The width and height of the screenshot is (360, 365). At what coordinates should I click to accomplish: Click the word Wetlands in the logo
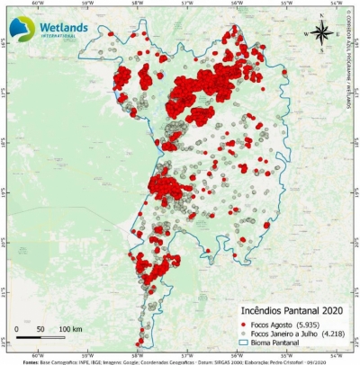(64, 28)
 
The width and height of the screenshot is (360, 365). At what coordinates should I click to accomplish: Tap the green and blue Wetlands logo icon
(22, 28)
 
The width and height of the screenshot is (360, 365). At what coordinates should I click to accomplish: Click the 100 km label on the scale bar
(71, 331)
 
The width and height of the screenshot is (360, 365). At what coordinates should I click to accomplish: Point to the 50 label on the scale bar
(42, 331)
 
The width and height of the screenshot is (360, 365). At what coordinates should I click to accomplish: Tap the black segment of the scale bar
(29, 340)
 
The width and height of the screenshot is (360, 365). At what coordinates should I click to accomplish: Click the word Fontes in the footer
(30, 361)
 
